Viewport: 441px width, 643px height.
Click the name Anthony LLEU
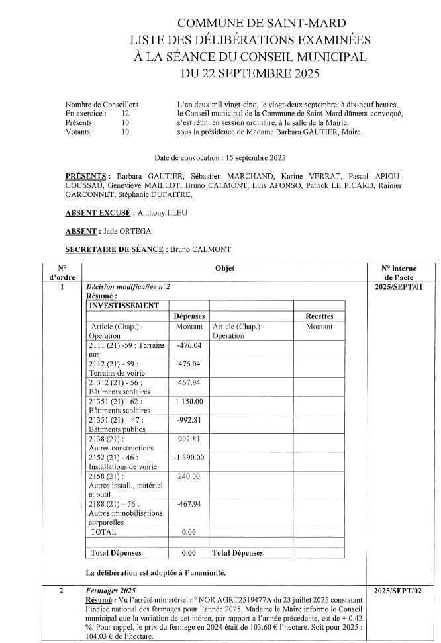(x=162, y=213)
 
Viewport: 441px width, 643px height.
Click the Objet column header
(x=224, y=269)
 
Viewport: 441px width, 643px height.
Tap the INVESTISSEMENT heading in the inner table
(x=124, y=306)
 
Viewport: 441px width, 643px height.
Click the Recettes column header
(x=319, y=316)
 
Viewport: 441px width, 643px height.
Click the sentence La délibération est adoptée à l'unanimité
(x=156, y=572)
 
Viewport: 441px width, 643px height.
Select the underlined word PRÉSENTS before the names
(x=85, y=177)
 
